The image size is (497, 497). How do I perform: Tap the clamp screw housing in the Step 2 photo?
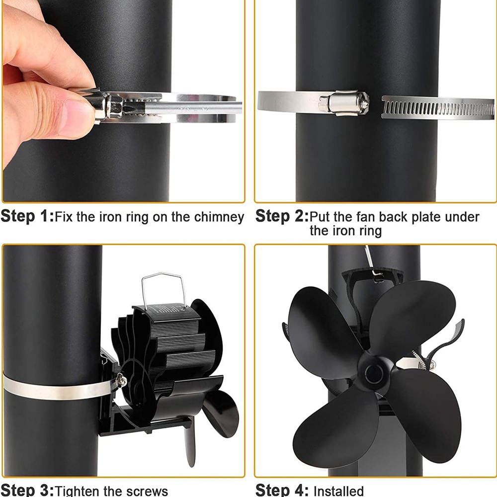tap(344, 102)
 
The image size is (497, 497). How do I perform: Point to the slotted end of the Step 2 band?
tap(437, 108)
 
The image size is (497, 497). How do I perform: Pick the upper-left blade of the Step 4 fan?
tap(320, 330)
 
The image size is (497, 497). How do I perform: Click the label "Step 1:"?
tap(27, 217)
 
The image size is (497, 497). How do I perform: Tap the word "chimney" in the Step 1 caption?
tap(219, 217)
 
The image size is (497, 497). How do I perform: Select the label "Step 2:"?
tap(282, 217)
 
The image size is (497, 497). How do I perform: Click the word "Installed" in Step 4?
tap(338, 491)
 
